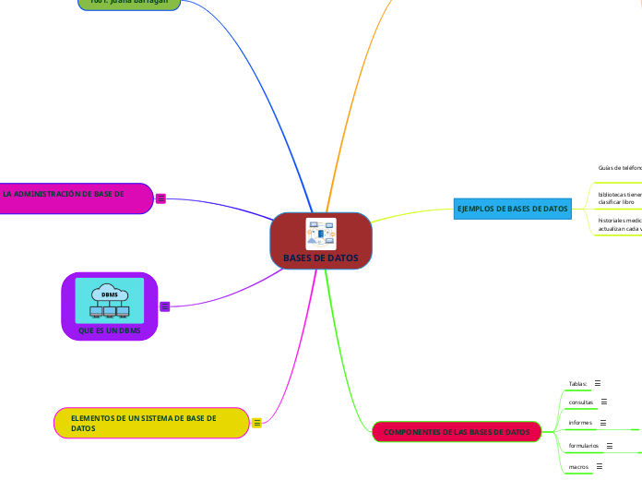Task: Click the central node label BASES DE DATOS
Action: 320,258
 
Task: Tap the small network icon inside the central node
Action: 320,234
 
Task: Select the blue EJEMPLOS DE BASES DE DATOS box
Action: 512,210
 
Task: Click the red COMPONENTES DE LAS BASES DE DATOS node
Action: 456,432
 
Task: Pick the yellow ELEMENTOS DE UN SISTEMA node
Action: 151,423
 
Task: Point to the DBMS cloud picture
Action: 110,301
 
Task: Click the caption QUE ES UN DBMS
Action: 110,330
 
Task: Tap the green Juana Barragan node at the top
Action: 128,3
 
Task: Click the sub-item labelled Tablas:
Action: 578,383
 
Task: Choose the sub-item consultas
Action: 581,402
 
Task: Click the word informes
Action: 580,423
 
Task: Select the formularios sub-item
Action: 584,446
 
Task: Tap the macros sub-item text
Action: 579,467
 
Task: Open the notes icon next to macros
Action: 600,467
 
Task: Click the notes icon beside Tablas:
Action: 598,383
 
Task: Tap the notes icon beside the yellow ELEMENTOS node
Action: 257,423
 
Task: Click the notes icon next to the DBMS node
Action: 165,306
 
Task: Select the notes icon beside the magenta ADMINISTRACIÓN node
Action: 160,198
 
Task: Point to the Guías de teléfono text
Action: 619,168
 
